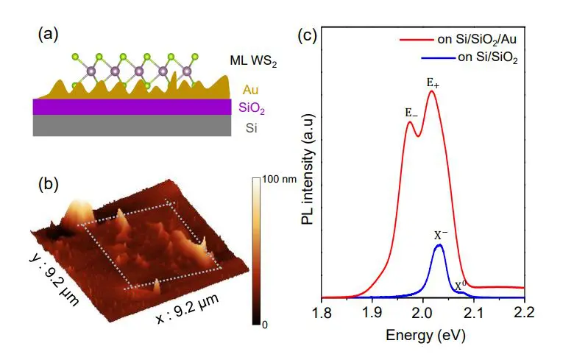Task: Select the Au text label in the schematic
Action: pyautogui.click(x=251, y=90)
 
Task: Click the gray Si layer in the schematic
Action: pyautogui.click(x=132, y=127)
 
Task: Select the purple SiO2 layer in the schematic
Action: pyautogui.click(x=132, y=107)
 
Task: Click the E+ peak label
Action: pyautogui.click(x=433, y=82)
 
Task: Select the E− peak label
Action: pyautogui.click(x=411, y=113)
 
